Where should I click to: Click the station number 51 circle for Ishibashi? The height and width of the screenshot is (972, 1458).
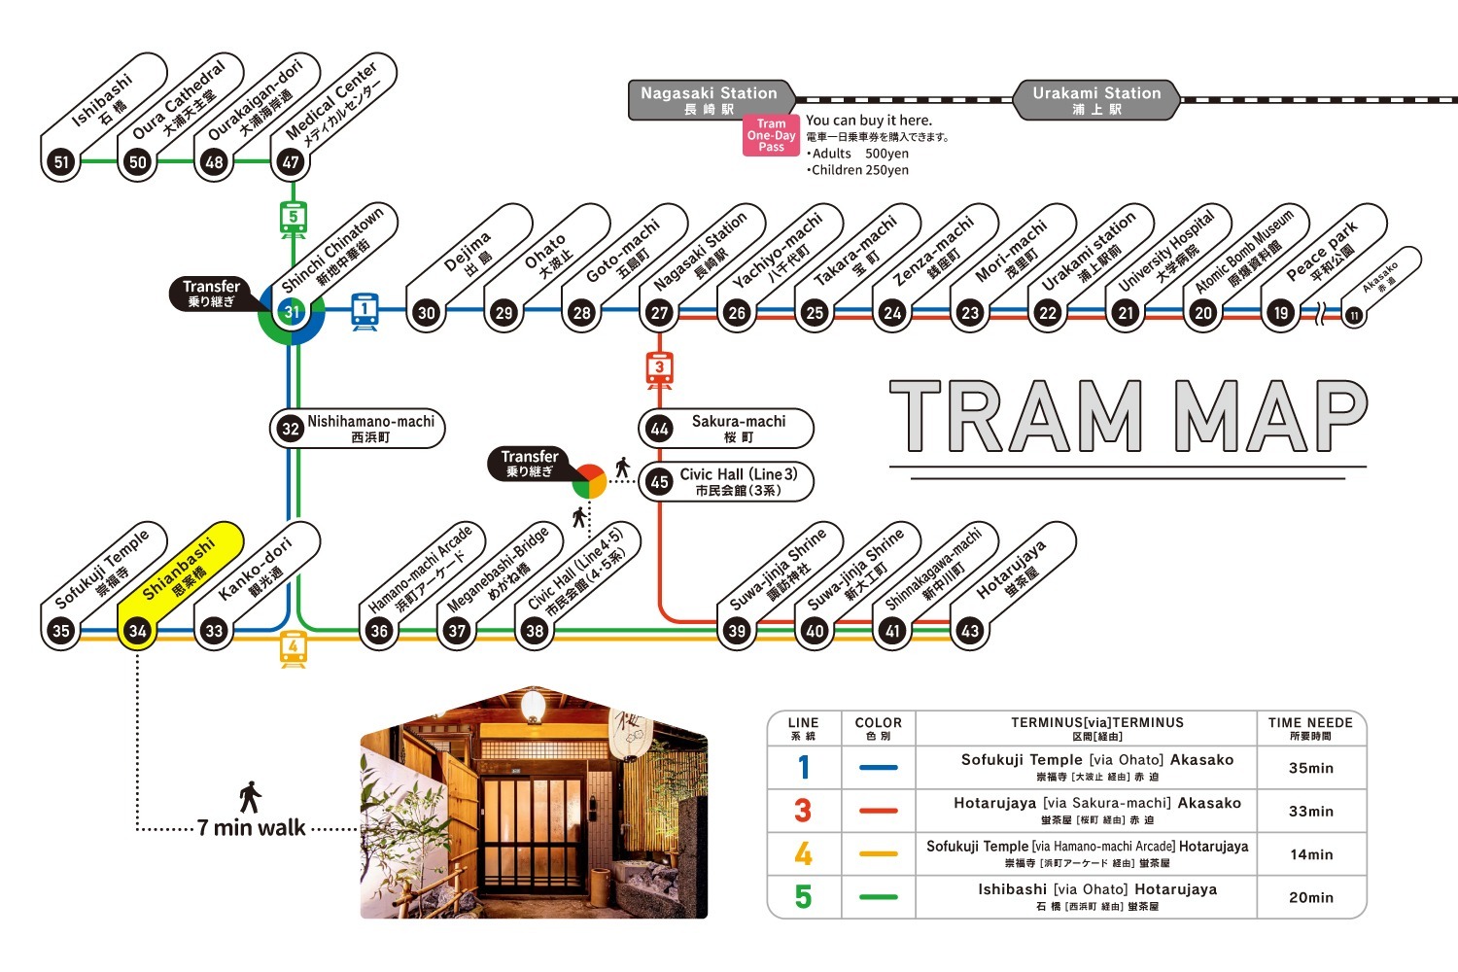click(61, 161)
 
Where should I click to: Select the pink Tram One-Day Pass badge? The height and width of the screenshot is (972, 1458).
click(771, 135)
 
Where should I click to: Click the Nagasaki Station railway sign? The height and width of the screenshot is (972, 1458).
click(710, 100)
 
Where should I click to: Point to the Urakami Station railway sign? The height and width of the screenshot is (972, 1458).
click(1096, 100)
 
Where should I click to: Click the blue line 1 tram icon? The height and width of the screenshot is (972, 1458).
click(364, 311)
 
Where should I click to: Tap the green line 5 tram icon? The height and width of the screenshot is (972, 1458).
click(293, 219)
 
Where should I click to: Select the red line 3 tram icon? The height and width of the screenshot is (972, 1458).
click(660, 368)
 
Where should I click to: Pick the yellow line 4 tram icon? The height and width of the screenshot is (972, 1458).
click(293, 647)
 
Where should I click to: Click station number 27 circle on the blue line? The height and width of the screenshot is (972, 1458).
click(660, 313)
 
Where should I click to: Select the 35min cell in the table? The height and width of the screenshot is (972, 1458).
click(1310, 768)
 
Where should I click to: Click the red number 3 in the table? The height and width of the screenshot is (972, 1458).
click(803, 811)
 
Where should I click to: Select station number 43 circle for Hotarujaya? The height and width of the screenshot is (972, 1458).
click(969, 631)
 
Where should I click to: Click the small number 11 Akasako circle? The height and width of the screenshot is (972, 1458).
click(1353, 316)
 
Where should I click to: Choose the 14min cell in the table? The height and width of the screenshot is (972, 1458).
click(1310, 854)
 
